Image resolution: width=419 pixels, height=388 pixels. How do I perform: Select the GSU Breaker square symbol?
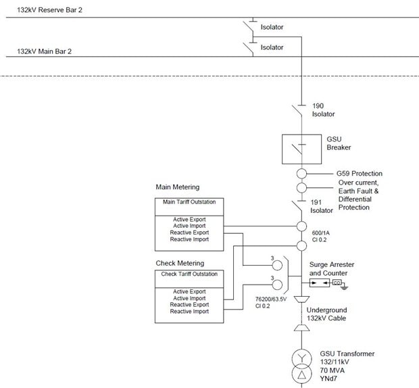pyautogui.click(x=299, y=149)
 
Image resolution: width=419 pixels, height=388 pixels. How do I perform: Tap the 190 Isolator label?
pyautogui.click(x=322, y=110)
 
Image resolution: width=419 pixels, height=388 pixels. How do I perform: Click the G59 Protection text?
pyautogui.click(x=360, y=174)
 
